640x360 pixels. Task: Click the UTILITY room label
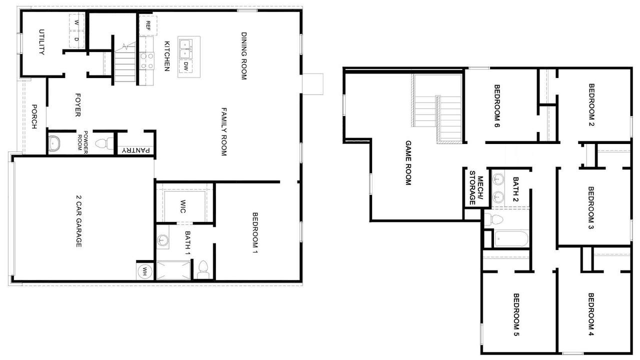(41, 42)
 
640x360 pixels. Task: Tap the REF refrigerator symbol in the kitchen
(148, 25)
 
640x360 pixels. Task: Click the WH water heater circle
(144, 271)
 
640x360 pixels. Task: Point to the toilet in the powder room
(104, 143)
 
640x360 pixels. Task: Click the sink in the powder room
(54, 143)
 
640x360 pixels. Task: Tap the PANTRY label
(135, 150)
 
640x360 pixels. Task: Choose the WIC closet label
(182, 206)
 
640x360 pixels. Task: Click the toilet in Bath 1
(203, 269)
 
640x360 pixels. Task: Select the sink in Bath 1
(162, 240)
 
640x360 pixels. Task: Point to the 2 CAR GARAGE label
(78, 221)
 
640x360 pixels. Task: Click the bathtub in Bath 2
(511, 239)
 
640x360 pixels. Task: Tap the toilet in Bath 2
(493, 219)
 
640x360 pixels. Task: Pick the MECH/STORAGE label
(476, 187)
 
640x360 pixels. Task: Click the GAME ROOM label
(408, 163)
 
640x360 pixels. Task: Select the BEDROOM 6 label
(497, 105)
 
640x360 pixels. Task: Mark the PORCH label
(34, 116)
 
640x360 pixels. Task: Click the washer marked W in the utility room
(76, 22)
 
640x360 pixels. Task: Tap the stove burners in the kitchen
(147, 61)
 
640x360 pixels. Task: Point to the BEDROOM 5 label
(516, 314)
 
